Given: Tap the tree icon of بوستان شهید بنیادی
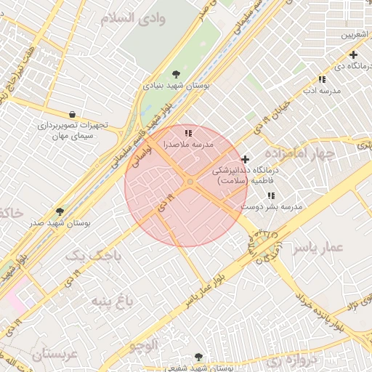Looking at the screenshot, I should [x=176, y=73].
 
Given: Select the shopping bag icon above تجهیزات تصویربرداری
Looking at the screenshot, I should [x=72, y=114].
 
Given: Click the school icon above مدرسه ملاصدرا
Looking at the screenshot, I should [x=189, y=133].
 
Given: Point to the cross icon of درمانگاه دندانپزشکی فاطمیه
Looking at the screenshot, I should [x=245, y=159].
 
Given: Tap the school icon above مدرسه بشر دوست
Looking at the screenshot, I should [x=271, y=195].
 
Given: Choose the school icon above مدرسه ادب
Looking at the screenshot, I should [x=321, y=79].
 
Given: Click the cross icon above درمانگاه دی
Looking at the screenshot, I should [x=353, y=54].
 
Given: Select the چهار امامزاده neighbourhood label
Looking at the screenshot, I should [x=299, y=154].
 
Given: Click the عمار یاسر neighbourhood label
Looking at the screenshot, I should [x=317, y=248].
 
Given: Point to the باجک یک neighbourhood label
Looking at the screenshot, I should [x=86, y=256].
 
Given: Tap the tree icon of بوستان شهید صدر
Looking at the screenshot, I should [x=60, y=211].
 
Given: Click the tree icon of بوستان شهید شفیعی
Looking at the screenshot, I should [x=198, y=357].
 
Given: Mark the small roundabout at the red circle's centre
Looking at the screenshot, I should [x=190, y=182].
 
